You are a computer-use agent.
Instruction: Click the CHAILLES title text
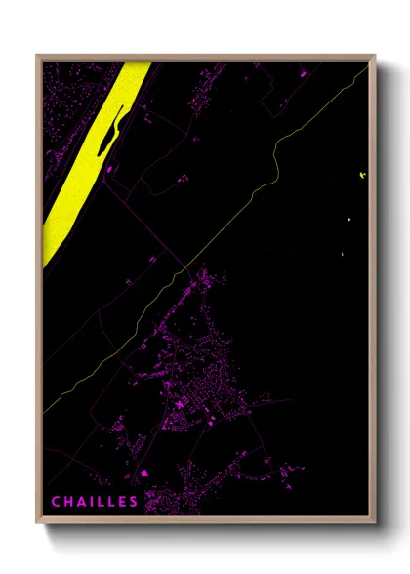95,502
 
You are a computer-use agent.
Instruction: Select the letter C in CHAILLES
57,502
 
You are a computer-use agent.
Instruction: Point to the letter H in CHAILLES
68,502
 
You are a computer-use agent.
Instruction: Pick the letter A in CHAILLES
81,502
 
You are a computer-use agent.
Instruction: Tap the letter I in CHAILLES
91,502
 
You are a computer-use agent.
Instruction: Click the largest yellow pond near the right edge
363,176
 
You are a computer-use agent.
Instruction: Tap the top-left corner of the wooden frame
38,57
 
